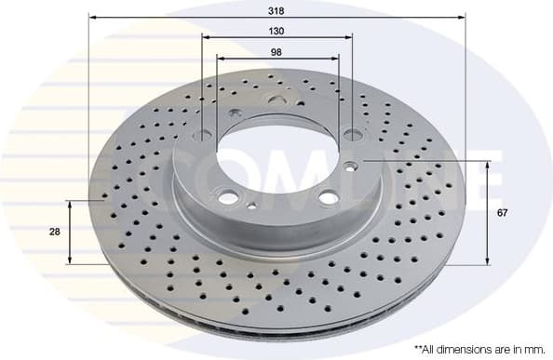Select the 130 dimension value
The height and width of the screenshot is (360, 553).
[276, 31]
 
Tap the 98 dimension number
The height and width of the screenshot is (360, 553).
[276, 52]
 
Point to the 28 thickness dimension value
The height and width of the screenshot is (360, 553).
[56, 232]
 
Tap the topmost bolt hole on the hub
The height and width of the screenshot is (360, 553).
[277, 103]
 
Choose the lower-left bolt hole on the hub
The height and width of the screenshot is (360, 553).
[226, 196]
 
